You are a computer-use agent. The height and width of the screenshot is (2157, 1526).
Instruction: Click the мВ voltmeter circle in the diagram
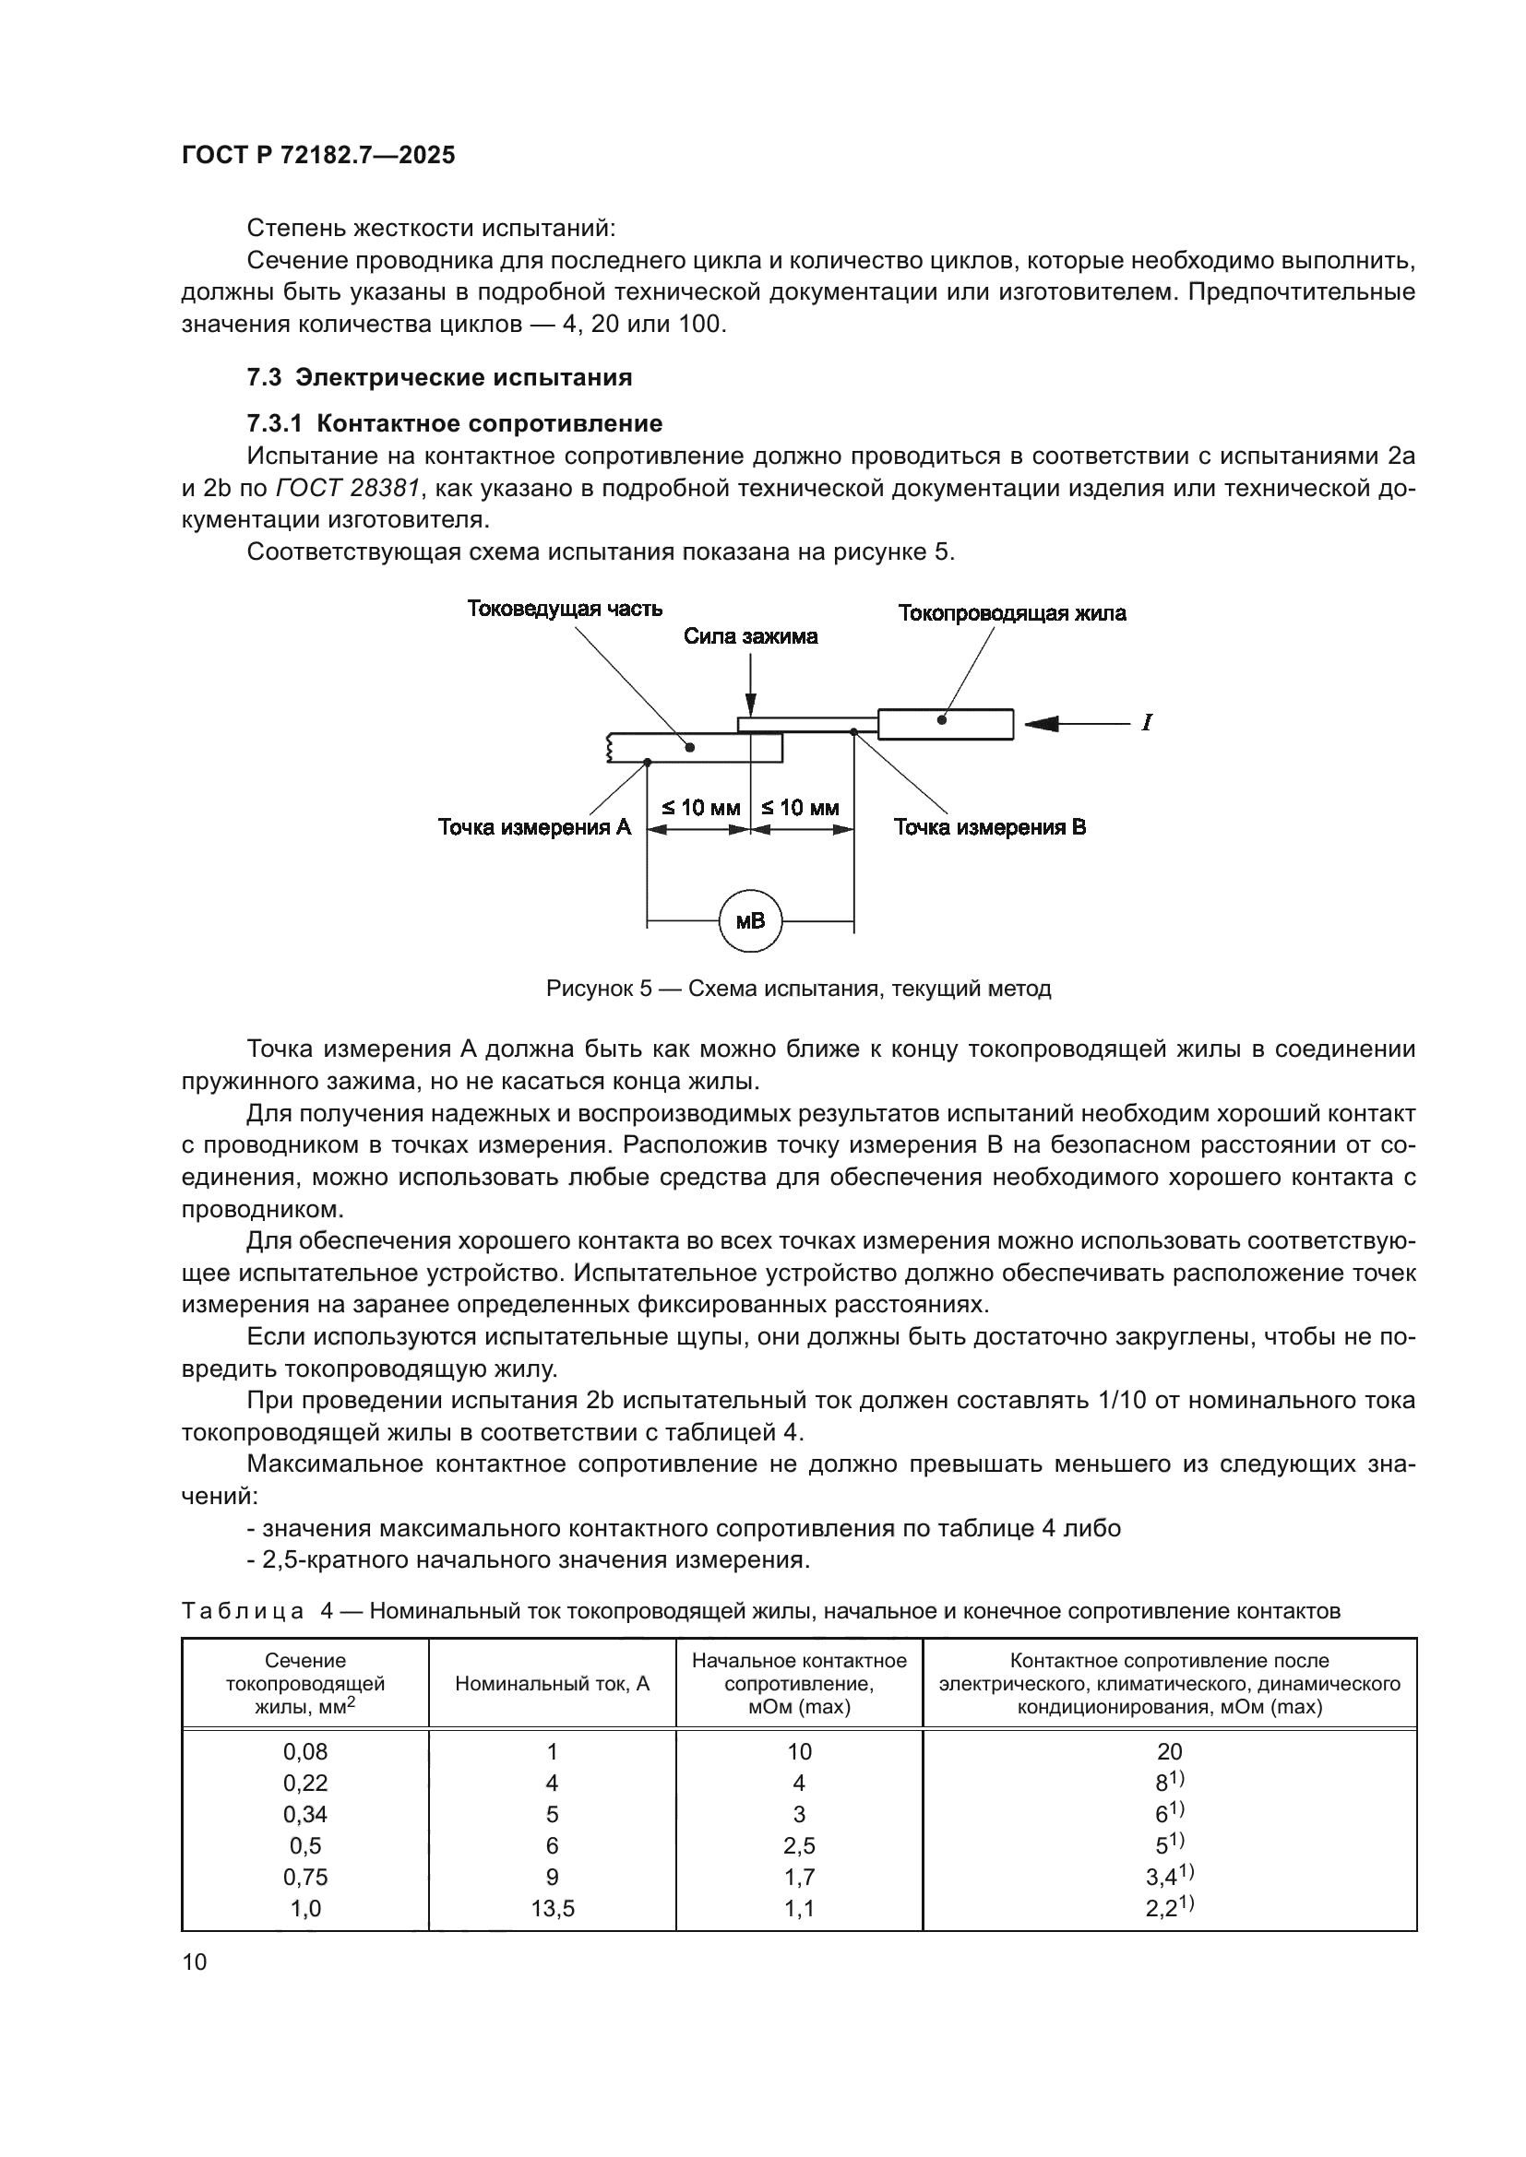pyautogui.click(x=750, y=920)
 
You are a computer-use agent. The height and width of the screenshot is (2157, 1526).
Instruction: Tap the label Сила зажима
pyautogui.click(x=750, y=637)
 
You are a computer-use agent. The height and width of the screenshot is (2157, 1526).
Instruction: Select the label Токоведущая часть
pyautogui.click(x=565, y=609)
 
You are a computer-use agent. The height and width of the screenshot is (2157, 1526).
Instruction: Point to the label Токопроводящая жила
pyautogui.click(x=1011, y=613)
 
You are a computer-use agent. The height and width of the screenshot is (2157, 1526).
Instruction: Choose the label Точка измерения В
pyautogui.click(x=989, y=827)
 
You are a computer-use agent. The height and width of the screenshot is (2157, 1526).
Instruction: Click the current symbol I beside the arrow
pyautogui.click(x=1147, y=723)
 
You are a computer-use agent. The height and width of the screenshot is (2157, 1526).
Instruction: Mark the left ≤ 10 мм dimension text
pyautogui.click(x=700, y=808)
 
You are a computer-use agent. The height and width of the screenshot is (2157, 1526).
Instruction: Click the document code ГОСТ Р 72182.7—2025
pyautogui.click(x=318, y=156)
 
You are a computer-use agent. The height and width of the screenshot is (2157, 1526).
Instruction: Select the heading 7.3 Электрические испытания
pyautogui.click(x=439, y=378)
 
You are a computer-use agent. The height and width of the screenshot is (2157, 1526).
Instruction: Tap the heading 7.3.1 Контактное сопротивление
pyautogui.click(x=454, y=423)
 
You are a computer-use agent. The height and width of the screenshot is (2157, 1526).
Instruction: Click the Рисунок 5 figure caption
pyautogui.click(x=798, y=989)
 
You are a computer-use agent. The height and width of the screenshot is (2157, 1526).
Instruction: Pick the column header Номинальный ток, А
pyautogui.click(x=553, y=1684)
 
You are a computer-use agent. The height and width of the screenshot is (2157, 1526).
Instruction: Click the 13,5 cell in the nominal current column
pyautogui.click(x=553, y=1908)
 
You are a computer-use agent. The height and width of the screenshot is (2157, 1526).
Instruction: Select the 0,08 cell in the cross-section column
pyautogui.click(x=305, y=1751)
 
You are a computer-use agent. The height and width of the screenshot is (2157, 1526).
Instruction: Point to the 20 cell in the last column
pyautogui.click(x=1169, y=1751)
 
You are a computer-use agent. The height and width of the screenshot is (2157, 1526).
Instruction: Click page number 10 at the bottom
pyautogui.click(x=195, y=1961)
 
